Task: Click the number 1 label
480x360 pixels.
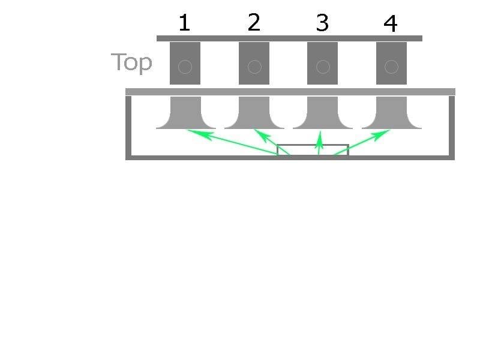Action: pyautogui.click(x=184, y=23)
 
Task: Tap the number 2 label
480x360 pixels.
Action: pyautogui.click(x=254, y=23)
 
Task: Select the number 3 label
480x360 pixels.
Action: pyautogui.click(x=322, y=23)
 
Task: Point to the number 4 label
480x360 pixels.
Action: pyautogui.click(x=390, y=23)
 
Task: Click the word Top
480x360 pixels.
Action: pyautogui.click(x=131, y=62)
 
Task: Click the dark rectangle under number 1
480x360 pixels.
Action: pyautogui.click(x=185, y=63)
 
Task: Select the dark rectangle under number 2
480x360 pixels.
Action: pyautogui.click(x=254, y=63)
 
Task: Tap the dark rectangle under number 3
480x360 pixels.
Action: pyautogui.click(x=322, y=63)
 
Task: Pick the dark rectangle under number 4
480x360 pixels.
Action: pyautogui.click(x=391, y=63)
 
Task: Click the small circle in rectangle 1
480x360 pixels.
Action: pyautogui.click(x=185, y=67)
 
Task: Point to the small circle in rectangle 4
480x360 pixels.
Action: pyautogui.click(x=391, y=67)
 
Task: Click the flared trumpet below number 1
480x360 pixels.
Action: pyautogui.click(x=185, y=114)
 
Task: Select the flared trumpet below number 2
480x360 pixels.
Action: pyautogui.click(x=254, y=114)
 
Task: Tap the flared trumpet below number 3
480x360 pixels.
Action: pyautogui.click(x=323, y=114)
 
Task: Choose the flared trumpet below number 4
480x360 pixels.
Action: pyautogui.click(x=391, y=114)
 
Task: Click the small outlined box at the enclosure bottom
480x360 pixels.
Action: pyautogui.click(x=313, y=150)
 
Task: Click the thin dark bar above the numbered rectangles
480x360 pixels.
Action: pyautogui.click(x=289, y=38)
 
